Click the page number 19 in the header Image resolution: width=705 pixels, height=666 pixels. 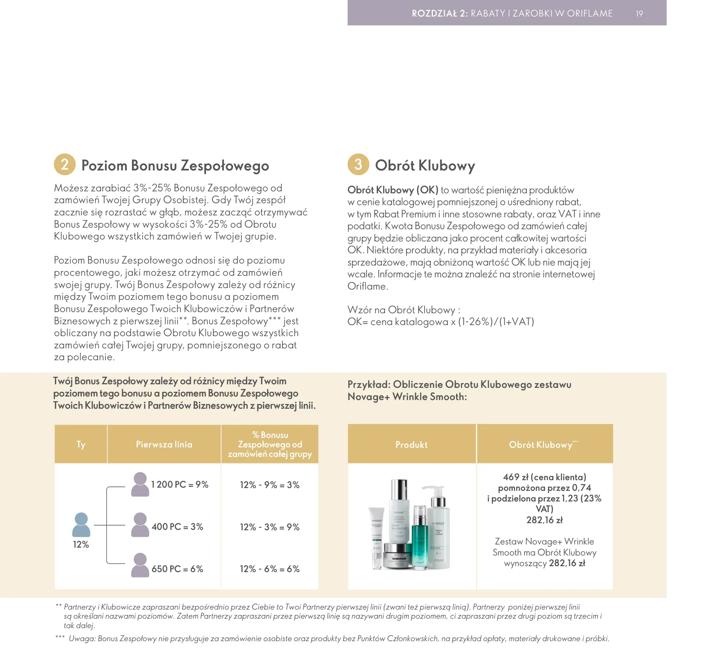tap(639, 13)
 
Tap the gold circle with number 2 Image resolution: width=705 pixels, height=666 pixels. tap(65, 164)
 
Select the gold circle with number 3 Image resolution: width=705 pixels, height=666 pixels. tap(358, 164)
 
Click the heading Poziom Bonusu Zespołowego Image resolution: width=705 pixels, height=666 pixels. tap(175, 166)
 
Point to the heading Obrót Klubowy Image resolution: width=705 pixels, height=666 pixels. tap(425, 166)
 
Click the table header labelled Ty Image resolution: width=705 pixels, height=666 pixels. tap(81, 444)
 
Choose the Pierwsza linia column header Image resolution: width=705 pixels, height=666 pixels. tap(164, 444)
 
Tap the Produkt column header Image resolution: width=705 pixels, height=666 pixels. tap(412, 445)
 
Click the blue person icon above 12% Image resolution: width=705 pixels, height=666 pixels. tap(81, 524)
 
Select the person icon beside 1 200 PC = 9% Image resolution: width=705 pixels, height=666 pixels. tap(140, 484)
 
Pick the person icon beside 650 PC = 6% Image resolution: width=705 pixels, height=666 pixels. tap(140, 565)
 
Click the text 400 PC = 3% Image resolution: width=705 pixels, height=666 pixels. tap(177, 527)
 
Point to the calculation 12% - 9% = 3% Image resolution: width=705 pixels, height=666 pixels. tap(270, 485)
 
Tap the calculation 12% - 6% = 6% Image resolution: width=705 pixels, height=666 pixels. tap(270, 569)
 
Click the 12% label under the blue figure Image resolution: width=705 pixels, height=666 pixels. tap(81, 544)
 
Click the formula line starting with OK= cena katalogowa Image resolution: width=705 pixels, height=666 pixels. tap(440, 322)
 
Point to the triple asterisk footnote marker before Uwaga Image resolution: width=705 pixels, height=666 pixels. tap(60, 637)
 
